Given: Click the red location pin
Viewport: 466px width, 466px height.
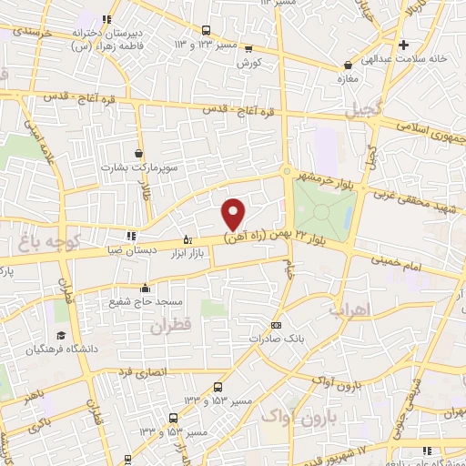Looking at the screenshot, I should [234, 213].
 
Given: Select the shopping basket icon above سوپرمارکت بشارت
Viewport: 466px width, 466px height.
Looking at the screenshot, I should [138, 153].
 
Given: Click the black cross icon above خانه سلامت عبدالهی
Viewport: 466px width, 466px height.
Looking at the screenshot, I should [404, 43].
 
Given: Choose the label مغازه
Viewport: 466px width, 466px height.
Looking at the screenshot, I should [347, 79].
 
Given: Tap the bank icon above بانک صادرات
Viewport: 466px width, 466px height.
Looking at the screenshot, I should [277, 325].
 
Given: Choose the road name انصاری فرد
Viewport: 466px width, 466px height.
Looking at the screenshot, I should [137, 371].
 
